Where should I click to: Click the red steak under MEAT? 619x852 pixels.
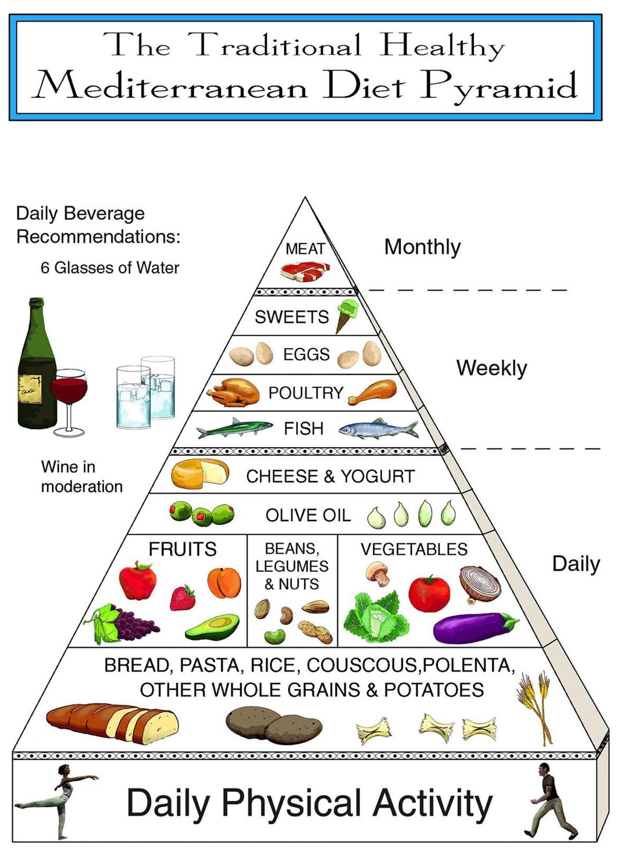tap(305, 271)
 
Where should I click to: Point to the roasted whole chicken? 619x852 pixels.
tap(234, 393)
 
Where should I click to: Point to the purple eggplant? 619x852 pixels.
tap(474, 627)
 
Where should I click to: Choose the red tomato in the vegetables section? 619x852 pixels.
tap(429, 593)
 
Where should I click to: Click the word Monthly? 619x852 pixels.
tap(422, 247)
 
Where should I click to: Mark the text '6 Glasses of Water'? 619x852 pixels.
tap(110, 268)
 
